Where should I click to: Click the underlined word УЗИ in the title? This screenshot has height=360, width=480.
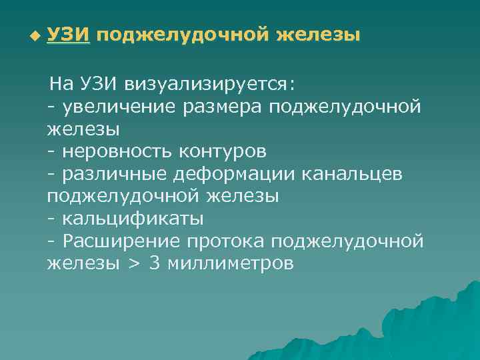(x=68, y=34)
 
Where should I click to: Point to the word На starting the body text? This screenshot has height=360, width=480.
(x=63, y=84)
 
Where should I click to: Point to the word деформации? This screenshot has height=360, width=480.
(x=231, y=175)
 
